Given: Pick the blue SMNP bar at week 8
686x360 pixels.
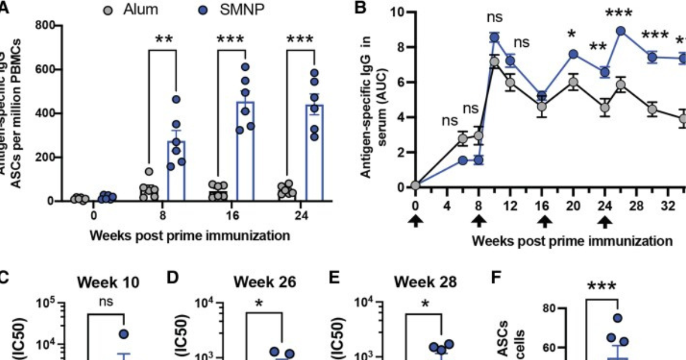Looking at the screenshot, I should click(176, 171).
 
